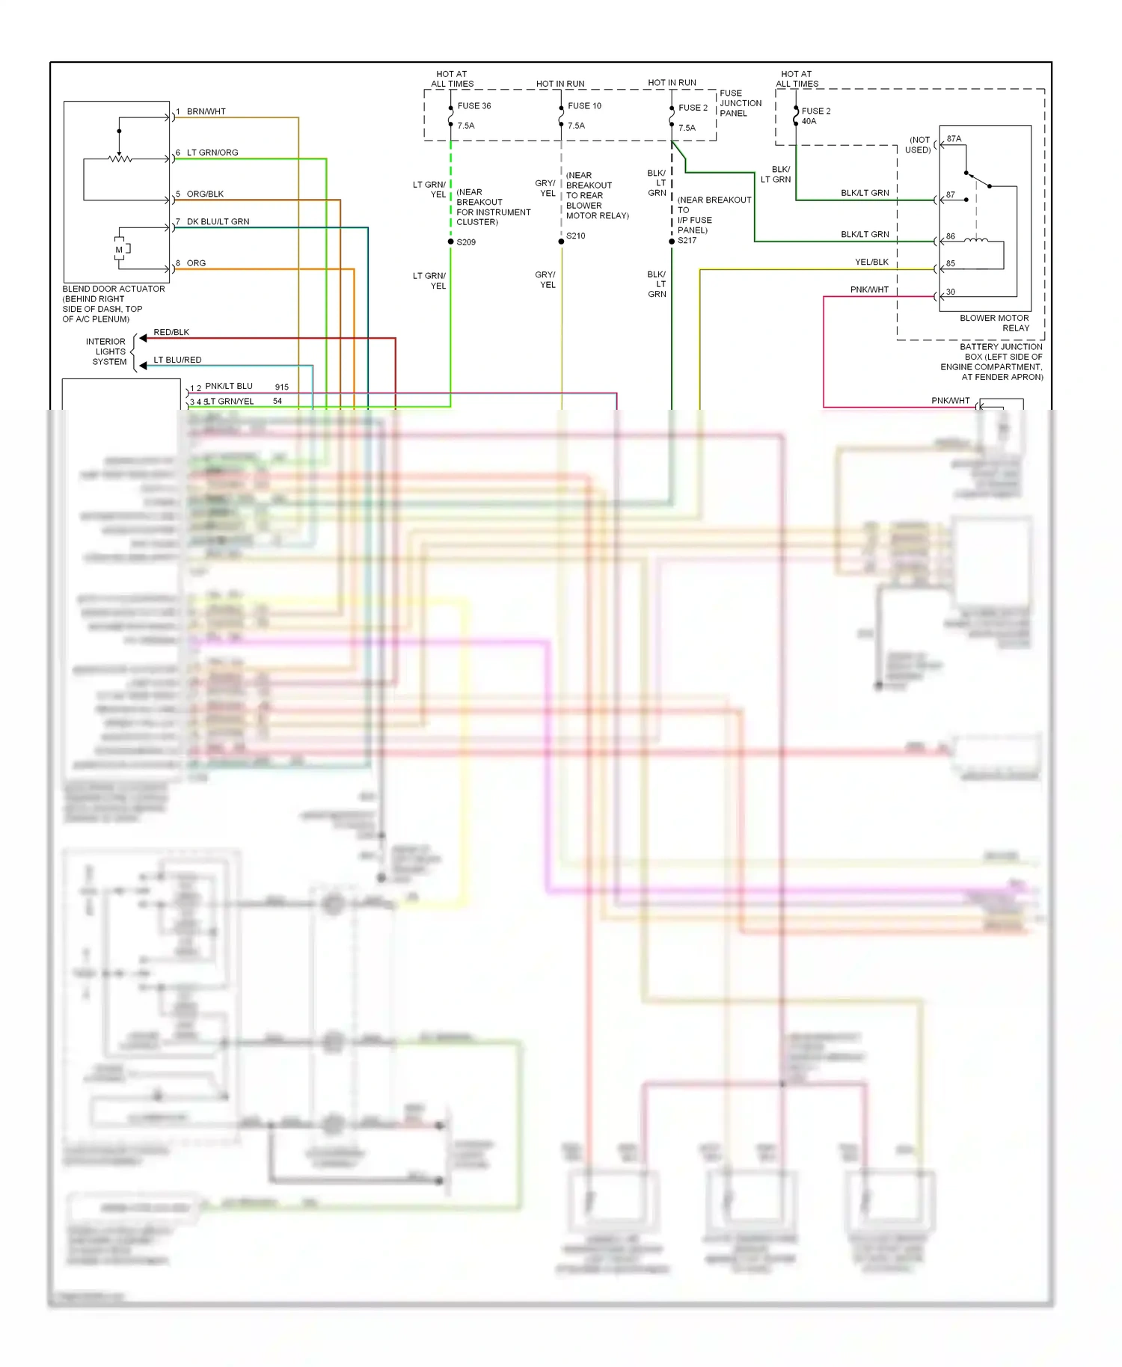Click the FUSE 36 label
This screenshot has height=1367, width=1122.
(x=474, y=106)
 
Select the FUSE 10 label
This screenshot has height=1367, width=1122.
(x=584, y=106)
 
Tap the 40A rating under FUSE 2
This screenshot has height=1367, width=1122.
(x=809, y=121)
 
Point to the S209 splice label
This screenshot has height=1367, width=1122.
(x=466, y=242)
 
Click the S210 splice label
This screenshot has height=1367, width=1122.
(x=576, y=236)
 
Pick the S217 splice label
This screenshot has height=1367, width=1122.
(x=687, y=241)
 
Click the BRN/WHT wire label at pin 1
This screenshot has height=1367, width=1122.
(x=206, y=112)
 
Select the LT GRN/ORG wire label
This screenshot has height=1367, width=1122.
(x=212, y=153)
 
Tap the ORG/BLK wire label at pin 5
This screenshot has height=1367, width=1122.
(x=205, y=194)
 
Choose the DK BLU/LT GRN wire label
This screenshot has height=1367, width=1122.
(x=218, y=222)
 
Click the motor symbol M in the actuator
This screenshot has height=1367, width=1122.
(x=119, y=250)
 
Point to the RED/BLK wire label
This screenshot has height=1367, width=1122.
(x=171, y=333)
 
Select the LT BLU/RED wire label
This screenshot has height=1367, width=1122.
(x=177, y=360)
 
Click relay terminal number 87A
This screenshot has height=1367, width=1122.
(x=954, y=139)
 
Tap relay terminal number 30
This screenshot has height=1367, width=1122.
(x=950, y=292)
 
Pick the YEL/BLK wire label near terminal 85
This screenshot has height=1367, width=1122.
(x=871, y=262)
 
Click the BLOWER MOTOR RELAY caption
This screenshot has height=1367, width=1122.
(x=994, y=323)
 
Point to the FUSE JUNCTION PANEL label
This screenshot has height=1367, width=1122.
(x=740, y=103)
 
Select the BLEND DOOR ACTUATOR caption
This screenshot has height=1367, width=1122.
(x=114, y=289)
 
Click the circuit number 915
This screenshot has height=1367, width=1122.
(x=281, y=387)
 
